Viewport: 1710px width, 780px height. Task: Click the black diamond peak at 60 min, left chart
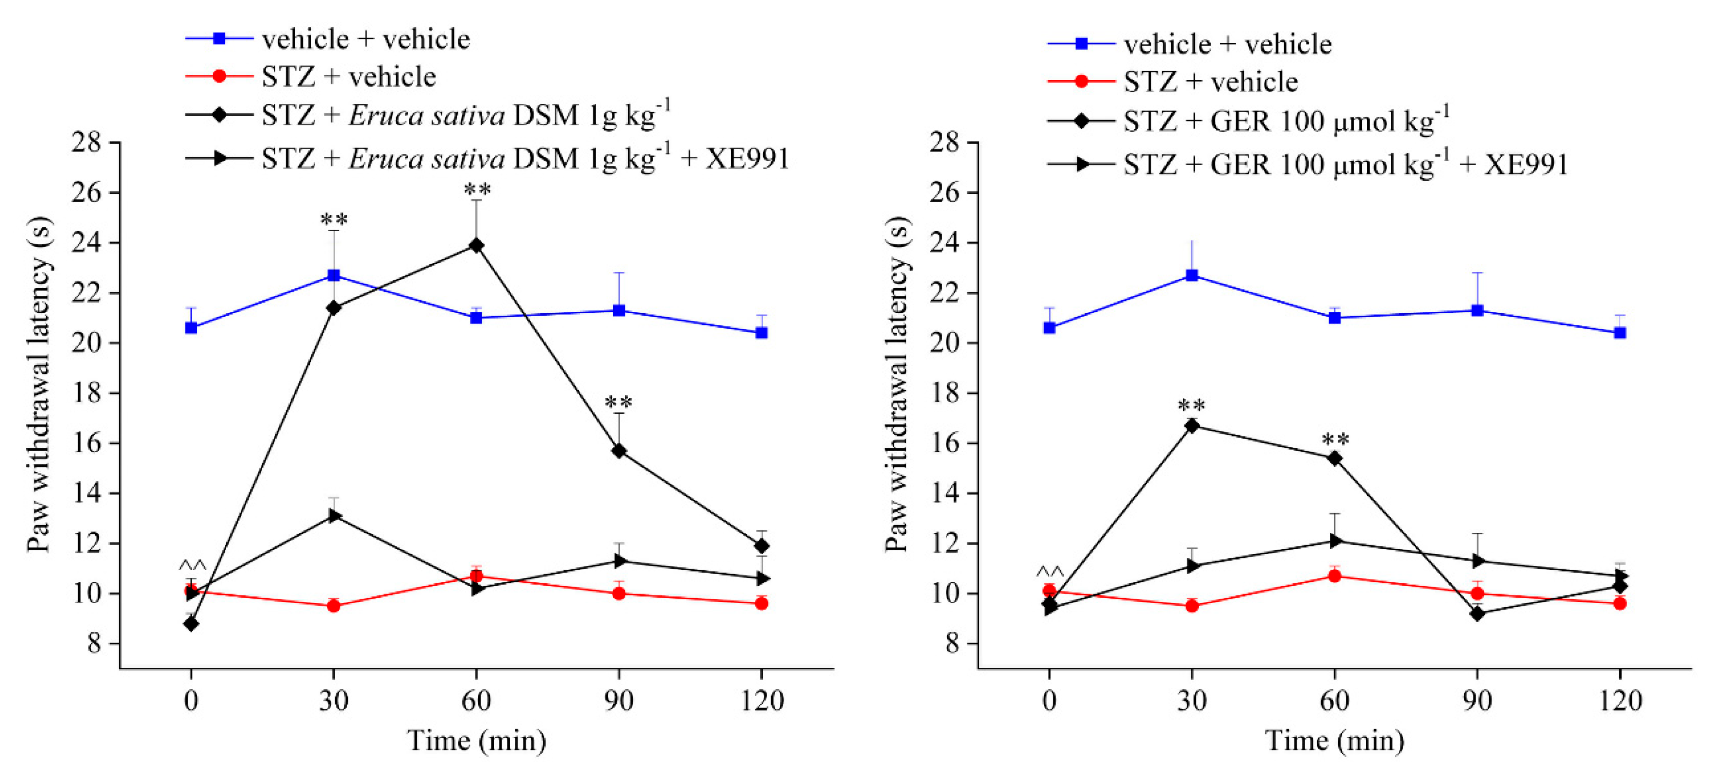[x=476, y=246]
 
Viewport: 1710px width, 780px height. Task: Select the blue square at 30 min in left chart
[x=334, y=275]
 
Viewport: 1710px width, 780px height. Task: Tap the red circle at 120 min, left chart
[x=761, y=603]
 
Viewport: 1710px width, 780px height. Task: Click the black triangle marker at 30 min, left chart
[x=334, y=516]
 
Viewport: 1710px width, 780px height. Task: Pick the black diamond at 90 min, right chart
[x=1477, y=613]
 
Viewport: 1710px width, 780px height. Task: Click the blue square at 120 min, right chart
[x=1620, y=333]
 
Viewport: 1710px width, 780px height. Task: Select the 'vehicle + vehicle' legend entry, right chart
[x=1227, y=44]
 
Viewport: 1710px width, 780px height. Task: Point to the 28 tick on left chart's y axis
[x=86, y=142]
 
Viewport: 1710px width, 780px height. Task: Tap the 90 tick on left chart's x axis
[x=618, y=700]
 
